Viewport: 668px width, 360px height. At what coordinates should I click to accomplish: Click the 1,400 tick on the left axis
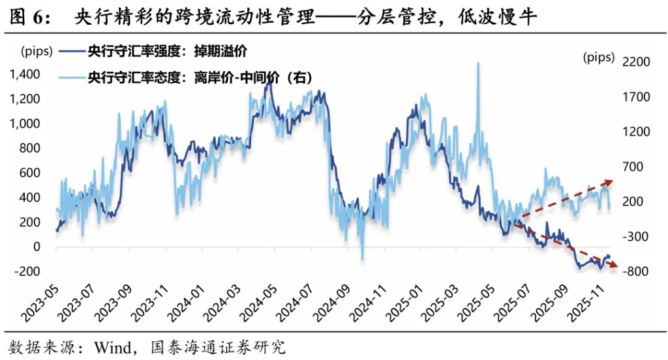pyautogui.click(x=24, y=74)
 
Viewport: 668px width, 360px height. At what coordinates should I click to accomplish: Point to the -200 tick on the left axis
pyautogui.click(x=27, y=272)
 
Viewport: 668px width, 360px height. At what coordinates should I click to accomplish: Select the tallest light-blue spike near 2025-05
pyautogui.click(x=478, y=64)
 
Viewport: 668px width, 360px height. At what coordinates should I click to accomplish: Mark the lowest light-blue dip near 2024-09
pyautogui.click(x=362, y=259)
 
